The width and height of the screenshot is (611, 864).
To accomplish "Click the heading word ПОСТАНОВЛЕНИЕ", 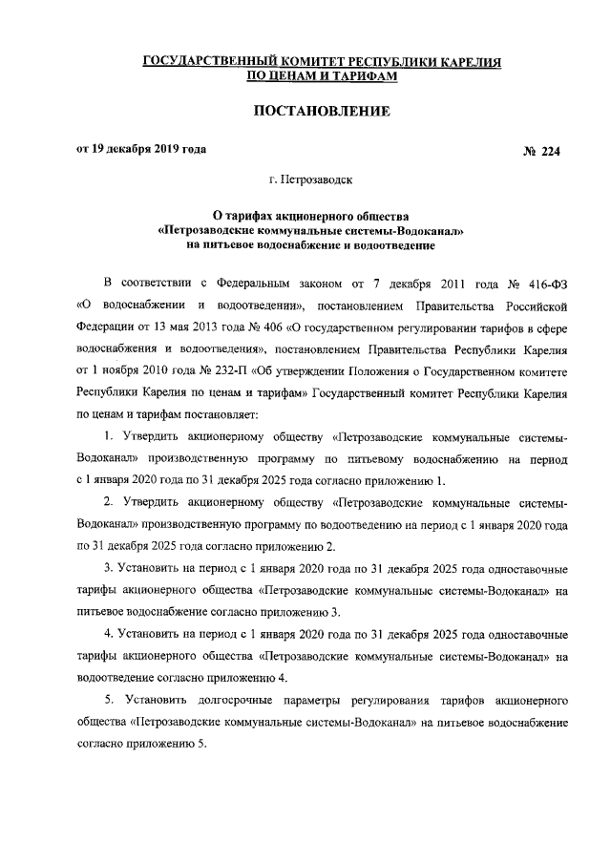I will (321, 113).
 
